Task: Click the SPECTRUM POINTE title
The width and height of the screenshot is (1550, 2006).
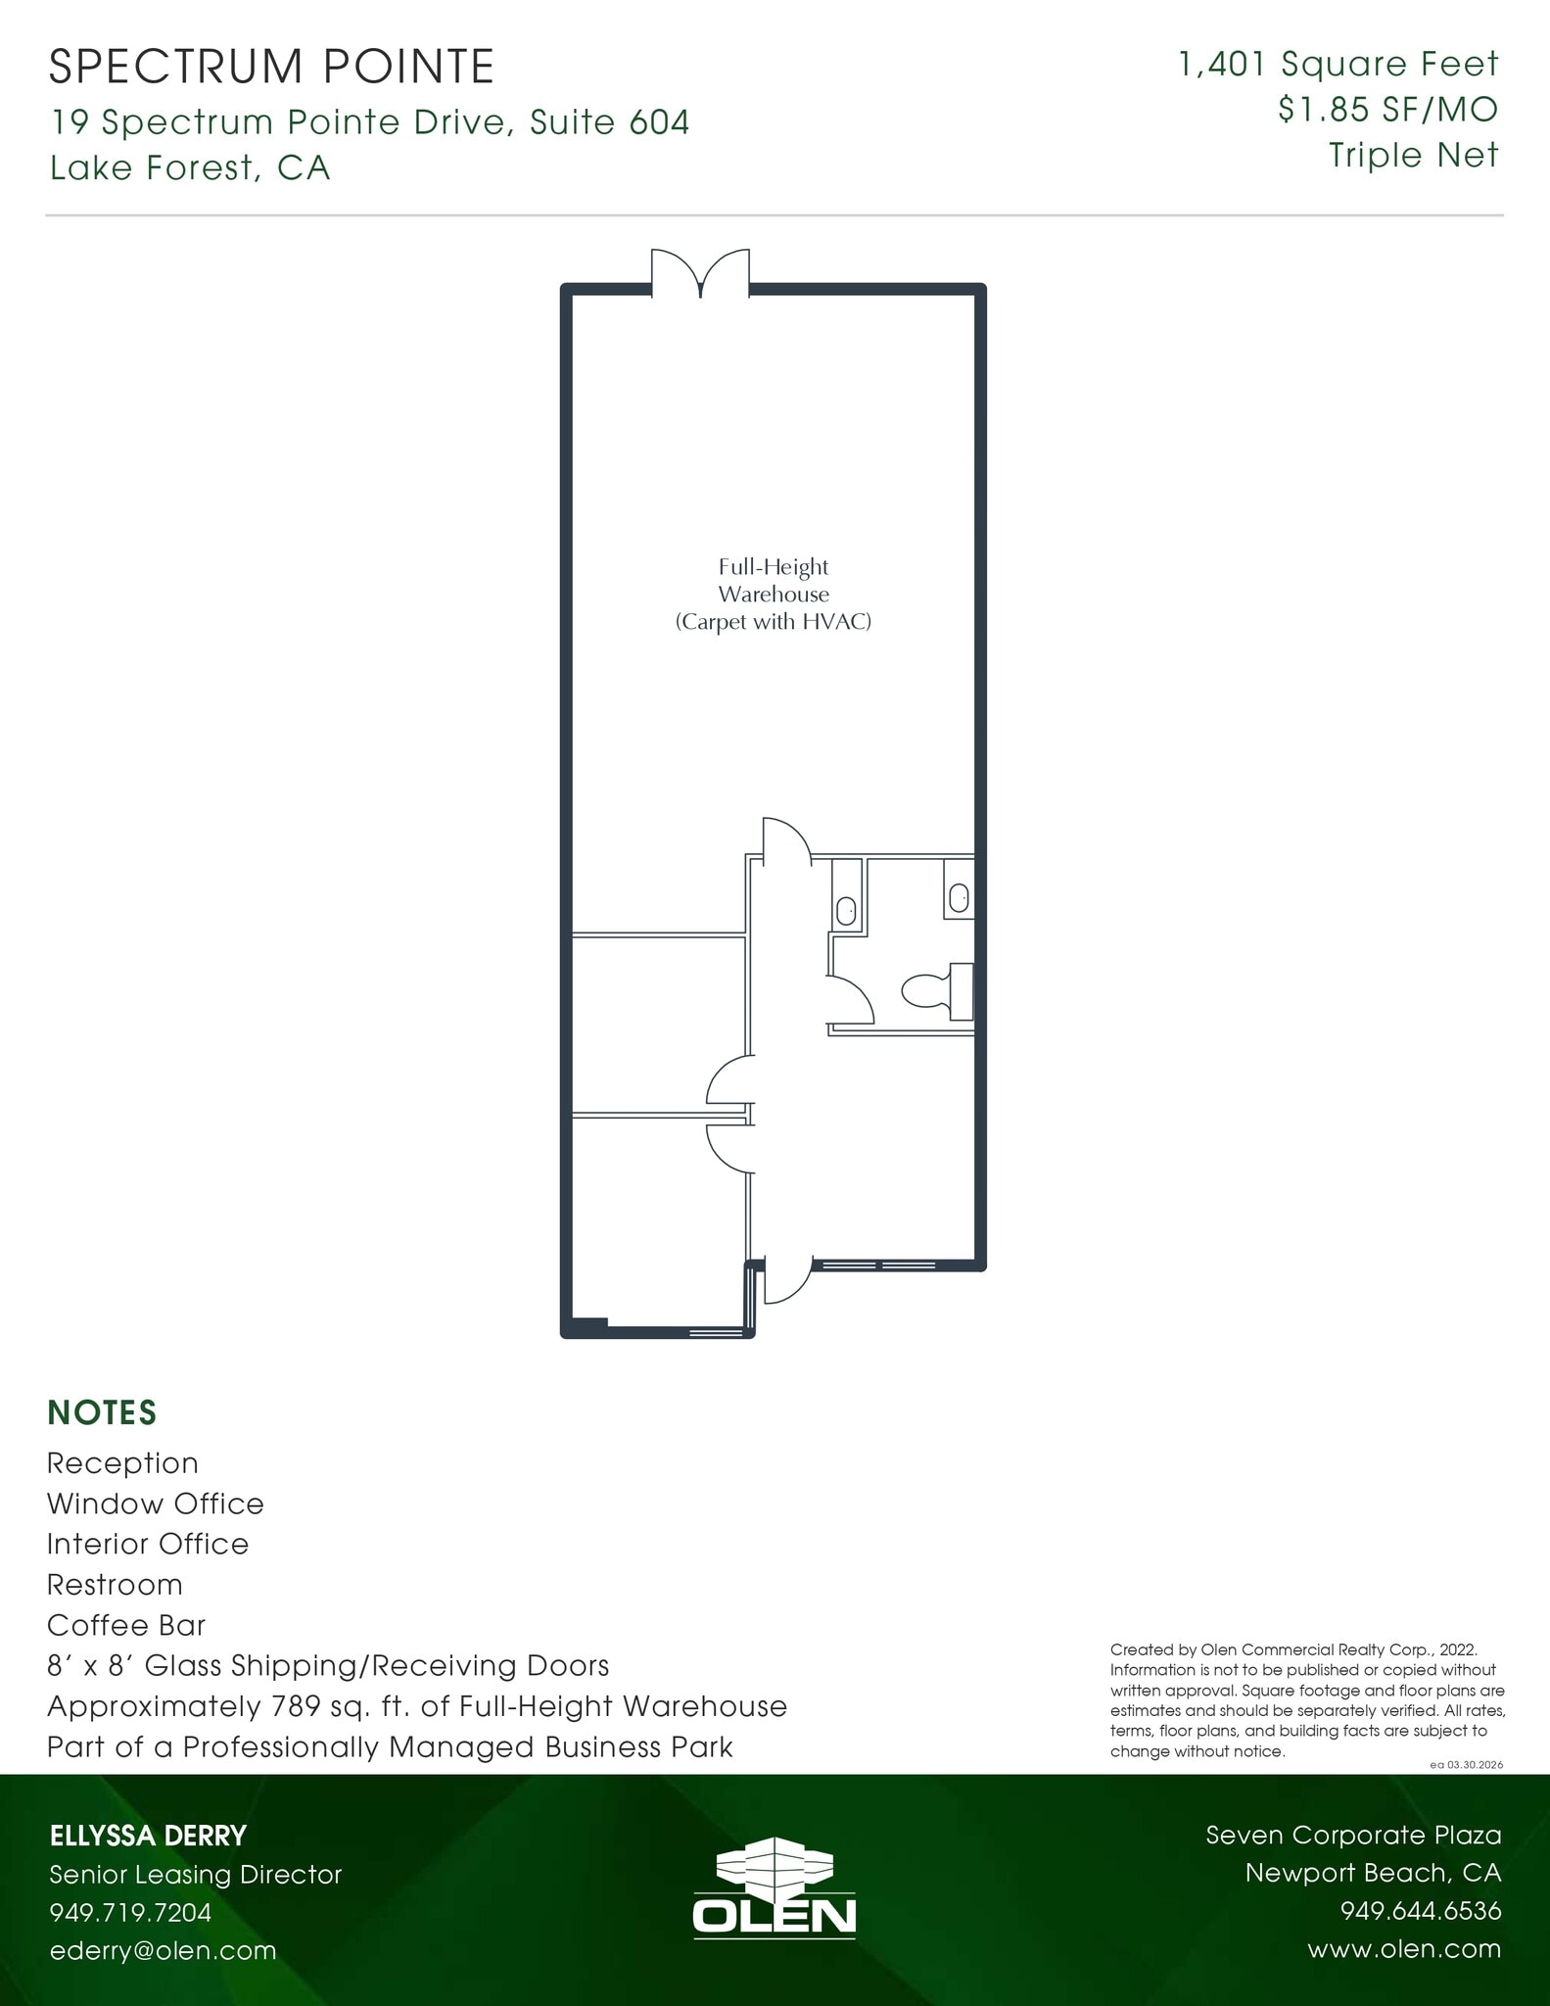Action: click(271, 67)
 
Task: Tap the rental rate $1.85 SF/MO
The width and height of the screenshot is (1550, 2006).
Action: click(1387, 109)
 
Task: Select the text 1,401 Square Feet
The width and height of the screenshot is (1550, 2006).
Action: click(1339, 65)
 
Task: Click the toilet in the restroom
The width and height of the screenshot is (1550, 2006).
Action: click(936, 990)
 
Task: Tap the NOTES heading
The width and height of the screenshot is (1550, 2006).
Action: click(102, 1412)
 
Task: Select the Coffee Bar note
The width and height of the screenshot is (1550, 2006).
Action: click(126, 1625)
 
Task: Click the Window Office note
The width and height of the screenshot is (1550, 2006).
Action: click(156, 1504)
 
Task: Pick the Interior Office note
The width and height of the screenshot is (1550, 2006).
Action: click(148, 1544)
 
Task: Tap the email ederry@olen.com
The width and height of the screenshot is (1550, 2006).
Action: click(164, 1950)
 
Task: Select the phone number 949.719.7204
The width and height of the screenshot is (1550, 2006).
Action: click(131, 1912)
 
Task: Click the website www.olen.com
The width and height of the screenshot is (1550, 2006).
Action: click(1404, 1949)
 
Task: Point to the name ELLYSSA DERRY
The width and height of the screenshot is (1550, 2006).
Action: click(149, 1836)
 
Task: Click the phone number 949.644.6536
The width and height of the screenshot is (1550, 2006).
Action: click(1420, 1911)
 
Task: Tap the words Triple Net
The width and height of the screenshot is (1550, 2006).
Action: click(1413, 155)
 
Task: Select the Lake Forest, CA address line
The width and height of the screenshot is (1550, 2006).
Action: click(190, 168)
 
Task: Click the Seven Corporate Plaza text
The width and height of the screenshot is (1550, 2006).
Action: click(1353, 1835)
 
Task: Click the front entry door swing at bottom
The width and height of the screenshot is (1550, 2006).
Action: click(784, 1282)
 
